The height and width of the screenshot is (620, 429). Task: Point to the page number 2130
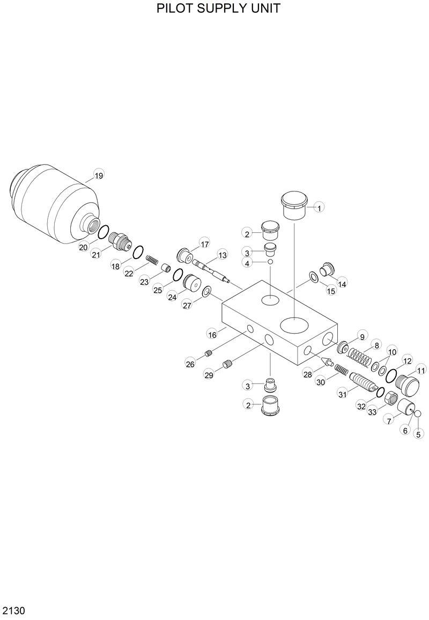(x=14, y=611)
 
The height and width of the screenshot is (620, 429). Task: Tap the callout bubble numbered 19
(x=99, y=175)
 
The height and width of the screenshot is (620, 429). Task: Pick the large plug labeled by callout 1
(x=294, y=205)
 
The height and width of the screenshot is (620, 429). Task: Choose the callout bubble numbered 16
(x=212, y=335)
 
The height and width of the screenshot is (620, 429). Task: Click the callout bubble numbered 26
(x=190, y=364)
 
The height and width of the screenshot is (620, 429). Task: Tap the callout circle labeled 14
(x=342, y=284)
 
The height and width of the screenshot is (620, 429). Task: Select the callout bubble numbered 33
(x=372, y=412)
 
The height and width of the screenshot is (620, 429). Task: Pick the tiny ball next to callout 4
(x=271, y=262)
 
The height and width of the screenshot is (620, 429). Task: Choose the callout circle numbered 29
(x=209, y=375)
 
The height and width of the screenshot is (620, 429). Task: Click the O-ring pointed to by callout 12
(x=392, y=374)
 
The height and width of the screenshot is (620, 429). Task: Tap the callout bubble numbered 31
(x=343, y=395)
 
